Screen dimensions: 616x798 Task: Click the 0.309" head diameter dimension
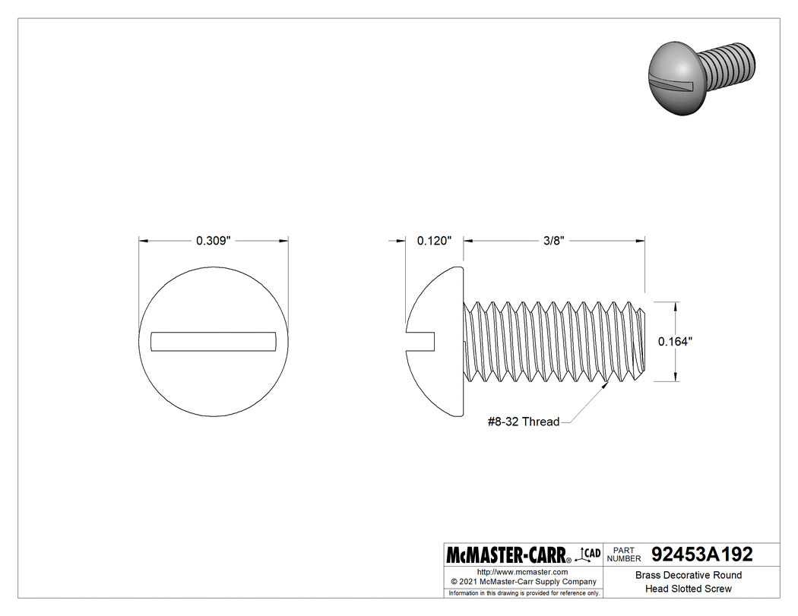tap(213, 241)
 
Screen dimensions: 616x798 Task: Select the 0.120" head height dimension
tap(434, 241)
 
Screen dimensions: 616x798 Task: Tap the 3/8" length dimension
tap(553, 241)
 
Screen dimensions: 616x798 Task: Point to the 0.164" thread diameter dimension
tap(674, 342)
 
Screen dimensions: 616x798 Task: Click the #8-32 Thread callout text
tap(523, 422)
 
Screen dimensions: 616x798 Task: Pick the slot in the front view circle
tap(213, 341)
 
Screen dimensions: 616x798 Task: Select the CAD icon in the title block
tap(590, 554)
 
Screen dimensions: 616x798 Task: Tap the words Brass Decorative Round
tap(688, 576)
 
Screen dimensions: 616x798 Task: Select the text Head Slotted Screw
tap(688, 589)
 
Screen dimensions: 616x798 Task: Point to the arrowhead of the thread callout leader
tap(607, 385)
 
